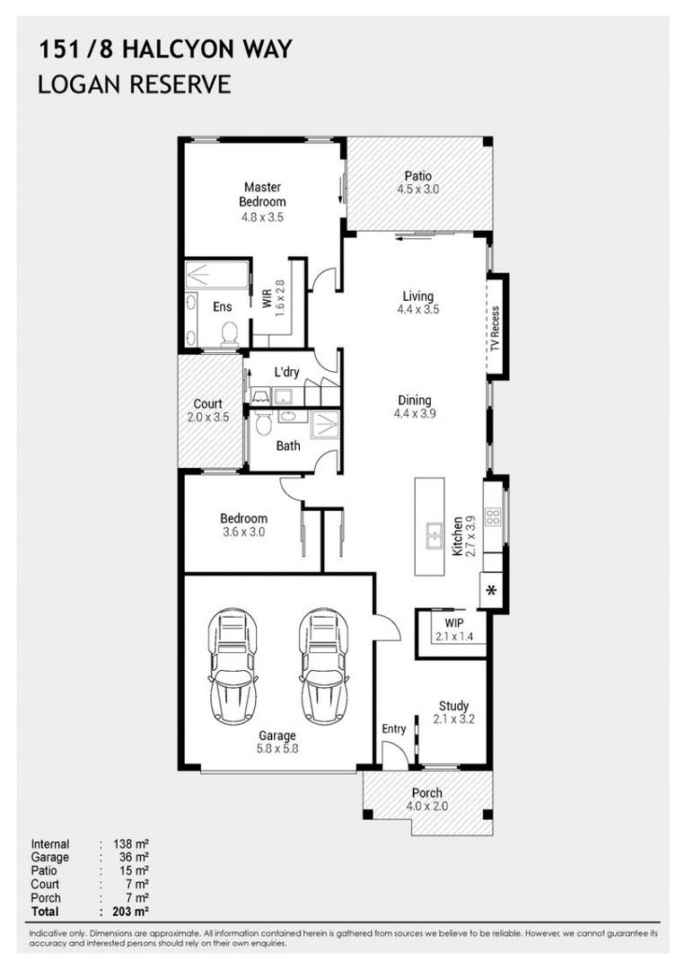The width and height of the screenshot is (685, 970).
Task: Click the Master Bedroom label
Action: tap(262, 194)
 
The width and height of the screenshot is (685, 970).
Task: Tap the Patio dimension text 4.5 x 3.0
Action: tap(418, 190)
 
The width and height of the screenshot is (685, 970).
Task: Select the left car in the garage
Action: tap(233, 666)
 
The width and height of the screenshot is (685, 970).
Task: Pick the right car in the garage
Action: tap(323, 666)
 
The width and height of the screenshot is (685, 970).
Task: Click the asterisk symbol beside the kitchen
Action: tap(491, 591)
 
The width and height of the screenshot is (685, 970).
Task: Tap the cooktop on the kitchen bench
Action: tap(493, 516)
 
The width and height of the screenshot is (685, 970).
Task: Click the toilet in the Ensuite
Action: tap(229, 333)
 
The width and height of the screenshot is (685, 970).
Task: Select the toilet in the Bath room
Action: tap(263, 423)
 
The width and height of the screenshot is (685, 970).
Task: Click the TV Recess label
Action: tap(495, 329)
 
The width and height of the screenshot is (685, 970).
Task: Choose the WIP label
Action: tap(453, 623)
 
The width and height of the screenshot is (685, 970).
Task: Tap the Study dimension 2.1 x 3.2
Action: tap(453, 719)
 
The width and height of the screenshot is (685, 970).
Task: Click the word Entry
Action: tap(394, 729)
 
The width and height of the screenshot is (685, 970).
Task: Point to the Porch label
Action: tap(427, 792)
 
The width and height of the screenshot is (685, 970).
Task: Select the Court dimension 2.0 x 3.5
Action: tap(208, 418)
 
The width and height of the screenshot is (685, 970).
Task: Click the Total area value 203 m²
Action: tap(131, 912)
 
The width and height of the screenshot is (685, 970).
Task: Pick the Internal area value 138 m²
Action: tap(131, 843)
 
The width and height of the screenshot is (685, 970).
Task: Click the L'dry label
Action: tap(287, 372)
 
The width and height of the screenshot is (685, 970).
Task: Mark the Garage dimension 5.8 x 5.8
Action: tap(277, 749)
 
